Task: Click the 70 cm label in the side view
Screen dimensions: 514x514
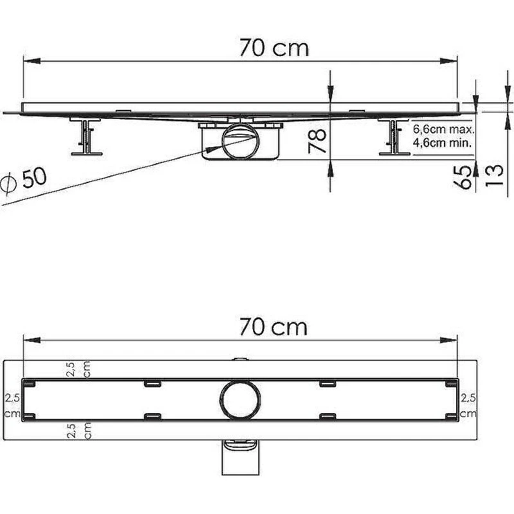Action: click(x=274, y=48)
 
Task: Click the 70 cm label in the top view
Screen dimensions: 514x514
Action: click(x=274, y=327)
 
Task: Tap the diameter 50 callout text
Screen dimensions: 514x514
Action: click(x=24, y=181)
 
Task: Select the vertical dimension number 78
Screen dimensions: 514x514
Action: click(x=317, y=141)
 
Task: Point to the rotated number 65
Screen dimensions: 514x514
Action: click(x=464, y=177)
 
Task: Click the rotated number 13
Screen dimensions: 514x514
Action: click(x=493, y=175)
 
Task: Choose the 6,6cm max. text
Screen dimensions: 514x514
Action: click(x=443, y=129)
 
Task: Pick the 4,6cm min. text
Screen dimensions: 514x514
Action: click(x=442, y=143)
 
